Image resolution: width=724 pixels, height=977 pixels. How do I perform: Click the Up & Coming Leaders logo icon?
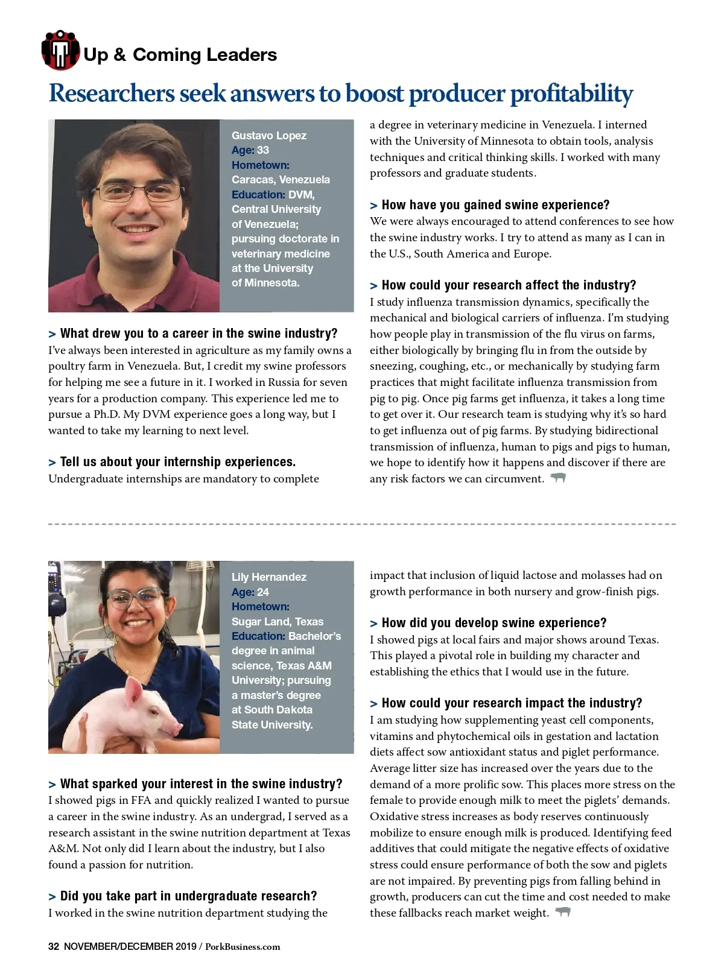pyautogui.click(x=60, y=50)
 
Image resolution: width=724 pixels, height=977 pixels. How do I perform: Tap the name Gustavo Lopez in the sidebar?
pyautogui.click(x=269, y=136)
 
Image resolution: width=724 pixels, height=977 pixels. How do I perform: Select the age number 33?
pyautogui.click(x=263, y=150)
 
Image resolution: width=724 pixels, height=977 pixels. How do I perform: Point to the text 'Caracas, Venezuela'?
pyautogui.click(x=281, y=180)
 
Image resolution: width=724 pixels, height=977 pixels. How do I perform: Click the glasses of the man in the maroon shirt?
pyautogui.click(x=141, y=192)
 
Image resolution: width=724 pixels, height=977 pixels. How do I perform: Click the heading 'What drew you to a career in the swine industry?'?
pyautogui.click(x=198, y=334)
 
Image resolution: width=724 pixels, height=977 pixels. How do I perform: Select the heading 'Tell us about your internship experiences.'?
pyautogui.click(x=177, y=462)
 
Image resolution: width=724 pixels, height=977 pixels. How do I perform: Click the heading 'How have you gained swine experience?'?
pyautogui.click(x=495, y=205)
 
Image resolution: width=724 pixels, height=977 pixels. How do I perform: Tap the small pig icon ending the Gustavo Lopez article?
pyautogui.click(x=558, y=478)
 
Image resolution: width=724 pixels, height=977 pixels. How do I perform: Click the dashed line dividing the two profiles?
pyautogui.click(x=362, y=524)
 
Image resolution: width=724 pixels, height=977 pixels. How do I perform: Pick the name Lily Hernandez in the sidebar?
pyautogui.click(x=269, y=577)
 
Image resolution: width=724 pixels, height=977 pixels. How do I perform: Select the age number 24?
pyautogui.click(x=263, y=592)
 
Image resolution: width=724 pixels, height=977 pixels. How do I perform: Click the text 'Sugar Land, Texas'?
pyautogui.click(x=278, y=622)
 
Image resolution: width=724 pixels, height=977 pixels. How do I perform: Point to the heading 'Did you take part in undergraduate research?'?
pyautogui.click(x=188, y=896)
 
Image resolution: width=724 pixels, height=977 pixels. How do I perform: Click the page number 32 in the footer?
pyautogui.click(x=54, y=946)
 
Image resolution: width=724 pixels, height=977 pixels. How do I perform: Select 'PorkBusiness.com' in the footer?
pyautogui.click(x=243, y=947)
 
